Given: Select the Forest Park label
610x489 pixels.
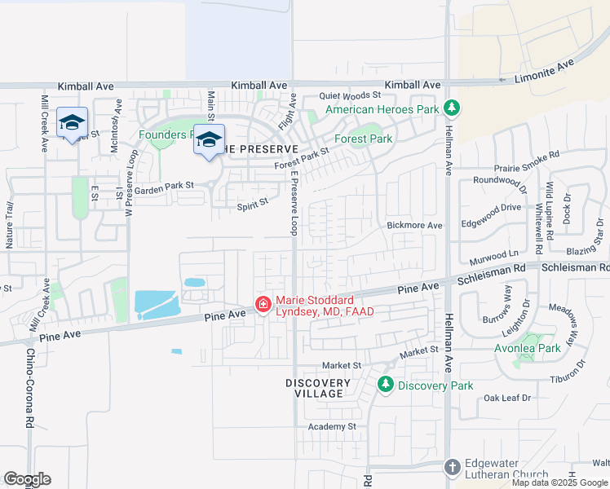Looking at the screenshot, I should coord(369,139).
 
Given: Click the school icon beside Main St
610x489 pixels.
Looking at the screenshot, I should coord(209,140).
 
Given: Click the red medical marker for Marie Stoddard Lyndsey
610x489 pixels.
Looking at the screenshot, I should coord(263,305).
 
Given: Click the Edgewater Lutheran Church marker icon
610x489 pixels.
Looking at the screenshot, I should coord(453,467).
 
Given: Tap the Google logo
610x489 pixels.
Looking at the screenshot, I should coord(27,479).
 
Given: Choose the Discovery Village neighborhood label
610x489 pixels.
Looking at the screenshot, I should coord(318,388).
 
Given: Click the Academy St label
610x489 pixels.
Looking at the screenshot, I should coord(332,426).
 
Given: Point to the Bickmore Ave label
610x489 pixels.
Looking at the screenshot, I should coord(414,225).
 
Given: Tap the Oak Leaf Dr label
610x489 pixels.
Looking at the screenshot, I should coord(507,398).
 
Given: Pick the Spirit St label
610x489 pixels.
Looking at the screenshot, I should coord(253,205).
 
